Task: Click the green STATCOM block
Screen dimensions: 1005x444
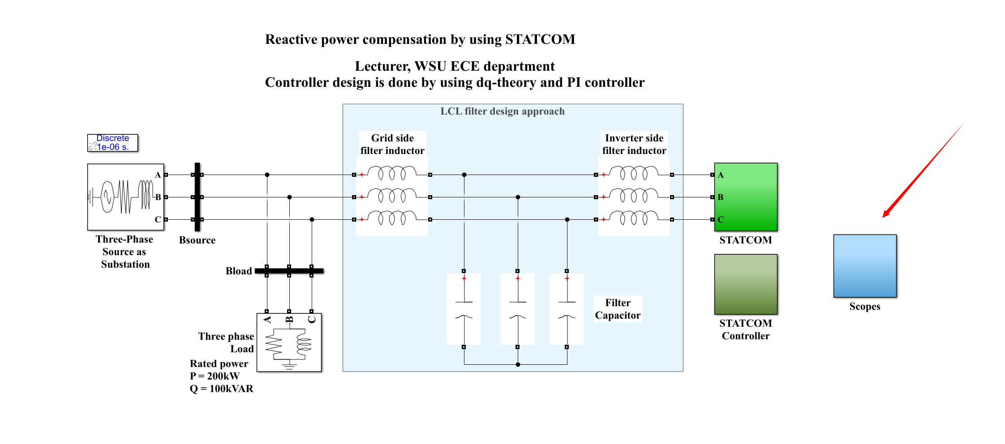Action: pyautogui.click(x=746, y=197)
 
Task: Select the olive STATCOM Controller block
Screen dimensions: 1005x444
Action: pyautogui.click(x=746, y=284)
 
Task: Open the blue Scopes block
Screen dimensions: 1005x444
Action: pyautogui.click(x=865, y=266)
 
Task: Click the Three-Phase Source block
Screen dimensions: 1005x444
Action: pyautogui.click(x=125, y=197)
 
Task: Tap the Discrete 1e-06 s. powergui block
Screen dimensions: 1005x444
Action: pyautogui.click(x=112, y=143)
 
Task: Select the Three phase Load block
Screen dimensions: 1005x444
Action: pyautogui.click(x=289, y=342)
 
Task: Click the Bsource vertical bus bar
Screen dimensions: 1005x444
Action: pyautogui.click(x=197, y=197)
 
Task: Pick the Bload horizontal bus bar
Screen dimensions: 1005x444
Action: pyautogui.click(x=289, y=271)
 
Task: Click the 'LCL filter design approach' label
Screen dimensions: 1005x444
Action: pyautogui.click(x=502, y=111)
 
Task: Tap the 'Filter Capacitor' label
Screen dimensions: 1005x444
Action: pyautogui.click(x=618, y=309)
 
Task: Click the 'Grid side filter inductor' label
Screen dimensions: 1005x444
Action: pyautogui.click(x=392, y=144)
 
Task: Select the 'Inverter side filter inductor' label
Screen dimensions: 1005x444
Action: pyautogui.click(x=634, y=144)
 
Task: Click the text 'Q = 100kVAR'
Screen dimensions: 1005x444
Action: pyautogui.click(x=221, y=388)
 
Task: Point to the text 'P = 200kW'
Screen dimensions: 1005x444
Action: pyautogui.click(x=215, y=376)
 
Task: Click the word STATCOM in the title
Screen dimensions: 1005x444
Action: pyautogui.click(x=540, y=39)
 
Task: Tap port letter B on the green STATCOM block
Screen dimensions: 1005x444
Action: pyautogui.click(x=721, y=197)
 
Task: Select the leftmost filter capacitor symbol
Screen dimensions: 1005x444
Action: pyautogui.click(x=464, y=309)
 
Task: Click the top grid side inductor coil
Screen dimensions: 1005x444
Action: pyautogui.click(x=392, y=173)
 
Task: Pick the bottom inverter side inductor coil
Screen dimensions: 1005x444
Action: pyautogui.click(x=634, y=218)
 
